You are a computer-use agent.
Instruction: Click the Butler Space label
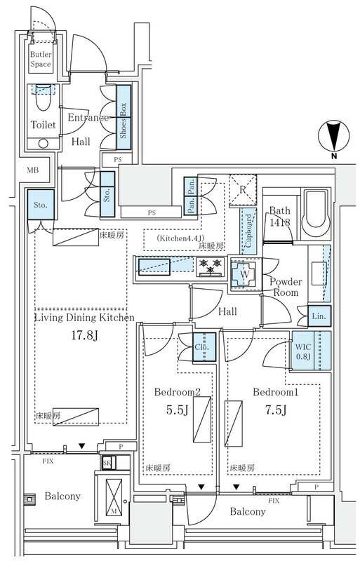pos(41,60)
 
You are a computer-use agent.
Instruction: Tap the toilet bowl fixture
pos(44,97)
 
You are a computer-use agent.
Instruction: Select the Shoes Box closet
pos(124,117)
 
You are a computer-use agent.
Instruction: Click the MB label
pos(32,170)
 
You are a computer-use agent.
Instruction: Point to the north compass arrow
pos(334,136)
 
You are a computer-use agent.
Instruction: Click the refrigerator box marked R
pos(243,189)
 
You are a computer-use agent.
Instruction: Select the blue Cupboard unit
pos(248,231)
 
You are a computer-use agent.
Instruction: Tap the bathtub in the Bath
pos(316,215)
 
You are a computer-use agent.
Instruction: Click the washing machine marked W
pos(245,274)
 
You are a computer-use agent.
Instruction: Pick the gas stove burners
pos(211,266)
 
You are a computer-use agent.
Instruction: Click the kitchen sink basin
pos(154,266)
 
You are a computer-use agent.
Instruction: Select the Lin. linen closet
pos(319,316)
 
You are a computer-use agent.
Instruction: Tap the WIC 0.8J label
pos(303,352)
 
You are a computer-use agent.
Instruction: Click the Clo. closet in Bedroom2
pos(204,347)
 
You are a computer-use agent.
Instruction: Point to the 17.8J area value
pos(84,336)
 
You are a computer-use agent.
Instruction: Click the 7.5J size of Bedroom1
pos(276,410)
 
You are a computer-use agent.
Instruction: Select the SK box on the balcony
pos(107,463)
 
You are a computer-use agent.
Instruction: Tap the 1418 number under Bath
pos(280,222)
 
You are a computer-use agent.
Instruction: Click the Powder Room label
pos(286,287)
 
